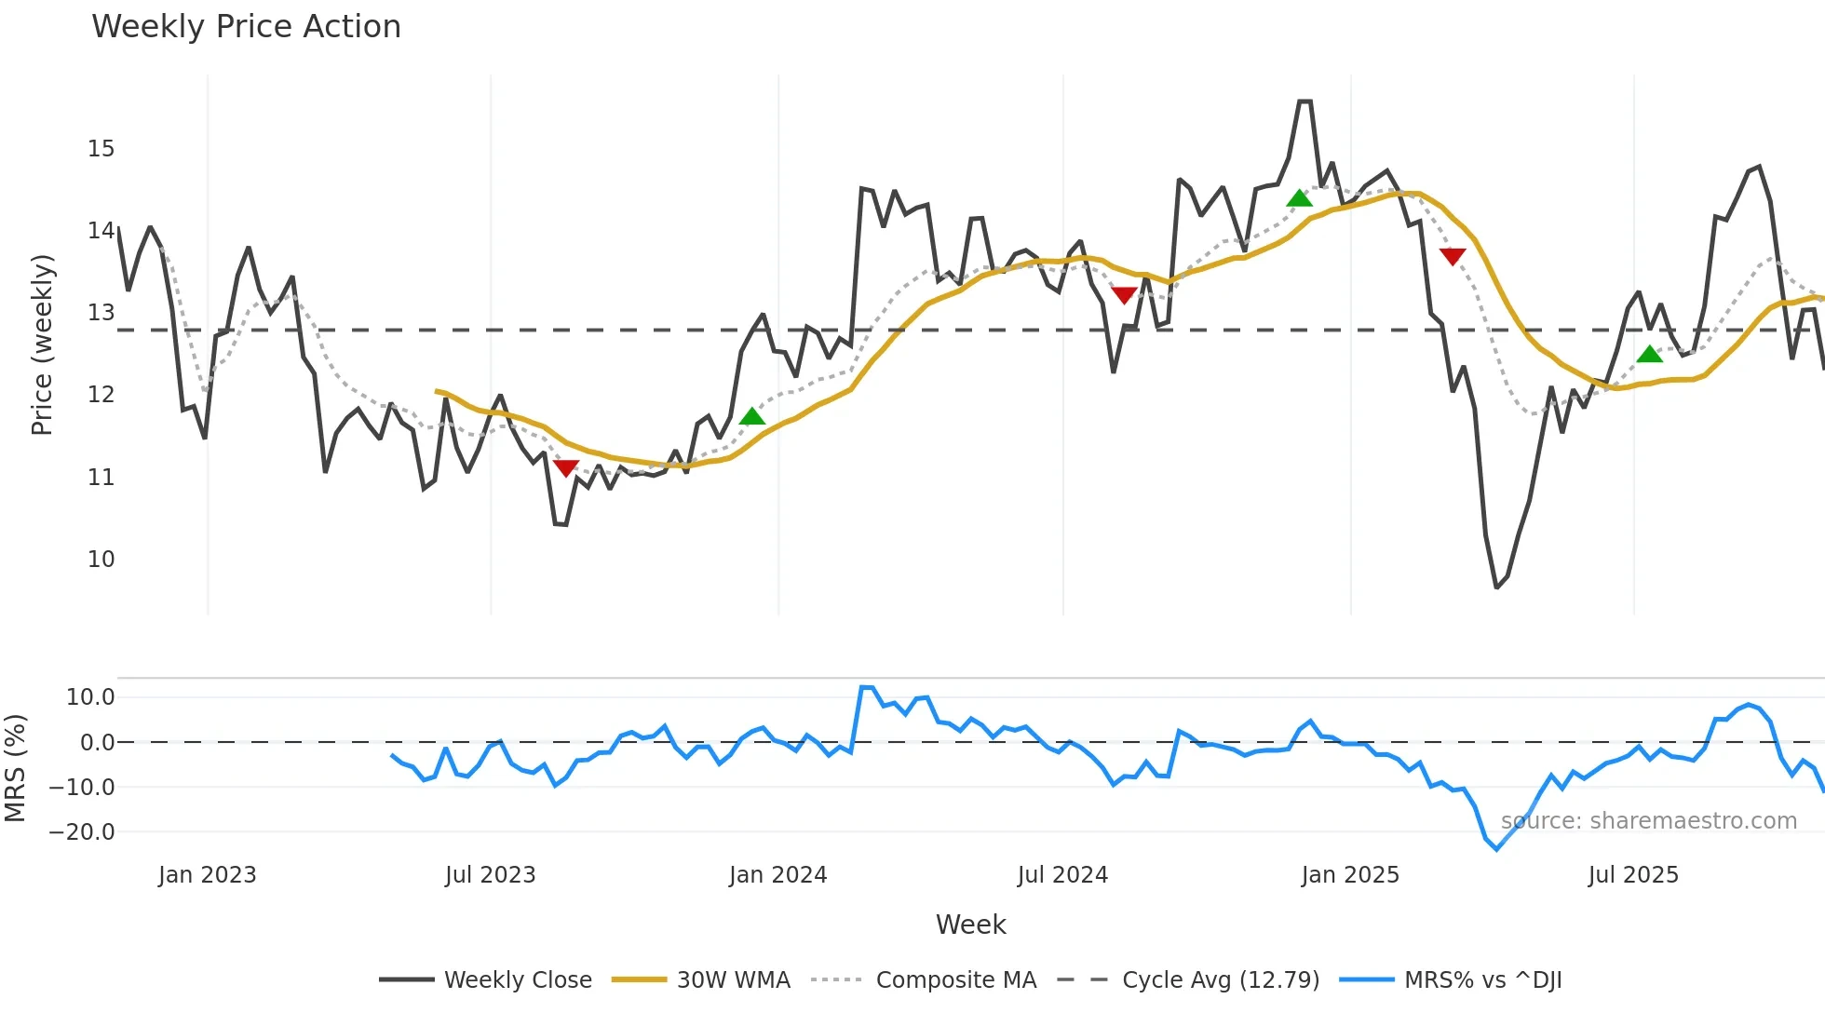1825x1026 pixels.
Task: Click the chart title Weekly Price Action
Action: (x=246, y=27)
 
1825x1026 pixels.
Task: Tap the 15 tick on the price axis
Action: (x=101, y=149)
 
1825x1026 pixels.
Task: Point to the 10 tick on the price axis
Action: (x=101, y=560)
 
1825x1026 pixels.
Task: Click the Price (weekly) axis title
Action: (x=42, y=344)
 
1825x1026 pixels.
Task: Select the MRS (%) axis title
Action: (x=15, y=768)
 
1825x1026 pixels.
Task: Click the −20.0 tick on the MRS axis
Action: (x=82, y=832)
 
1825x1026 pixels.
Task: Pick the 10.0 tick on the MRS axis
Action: (x=90, y=697)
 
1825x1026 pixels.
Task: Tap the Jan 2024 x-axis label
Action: (x=777, y=875)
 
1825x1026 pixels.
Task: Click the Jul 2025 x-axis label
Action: (x=1633, y=875)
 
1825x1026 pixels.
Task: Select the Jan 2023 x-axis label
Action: (x=207, y=875)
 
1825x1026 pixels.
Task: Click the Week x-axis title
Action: (x=970, y=925)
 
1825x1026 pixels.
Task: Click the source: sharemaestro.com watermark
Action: (x=1648, y=821)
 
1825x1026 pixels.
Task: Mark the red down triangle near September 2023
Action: (x=566, y=467)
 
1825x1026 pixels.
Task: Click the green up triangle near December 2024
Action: (x=1299, y=198)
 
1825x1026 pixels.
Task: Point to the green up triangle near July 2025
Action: (x=1649, y=354)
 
